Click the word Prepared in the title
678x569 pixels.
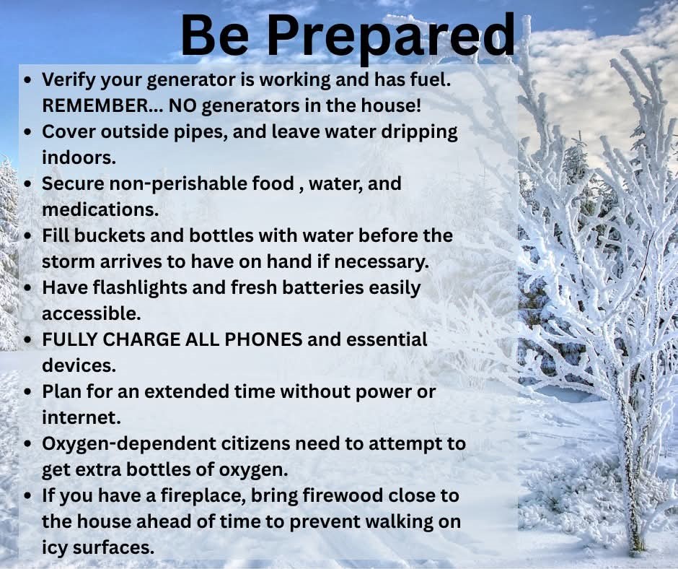pyautogui.click(x=392, y=36)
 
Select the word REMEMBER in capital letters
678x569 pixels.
pyautogui.click(x=95, y=105)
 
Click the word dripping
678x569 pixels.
pyautogui.click(x=419, y=132)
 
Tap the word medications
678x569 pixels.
pyautogui.click(x=100, y=209)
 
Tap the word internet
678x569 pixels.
pyautogui.click(x=82, y=417)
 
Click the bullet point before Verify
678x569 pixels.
pyautogui.click(x=28, y=81)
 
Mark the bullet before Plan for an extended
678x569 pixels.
pyautogui.click(x=28, y=392)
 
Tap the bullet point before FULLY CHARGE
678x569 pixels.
pyautogui.click(x=28, y=340)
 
